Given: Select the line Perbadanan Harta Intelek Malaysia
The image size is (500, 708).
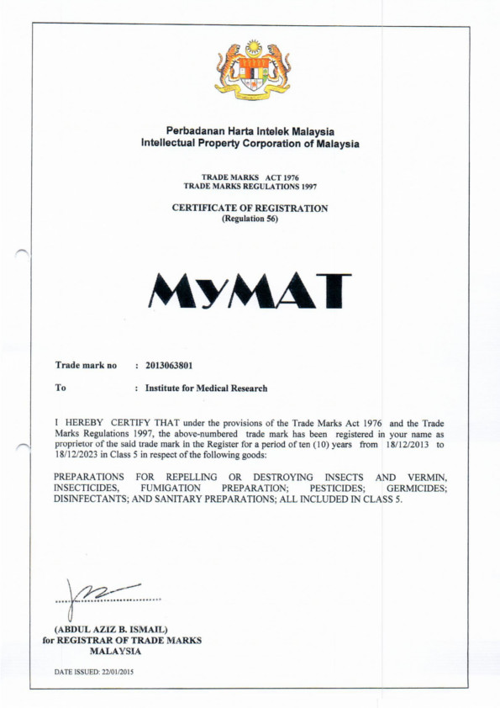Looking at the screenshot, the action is [250, 132].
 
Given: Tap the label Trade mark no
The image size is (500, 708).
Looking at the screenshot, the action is [86, 366].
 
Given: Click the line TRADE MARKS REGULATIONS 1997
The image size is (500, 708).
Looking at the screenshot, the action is [250, 185].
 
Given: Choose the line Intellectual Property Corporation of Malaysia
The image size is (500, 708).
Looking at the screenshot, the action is [250, 144].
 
